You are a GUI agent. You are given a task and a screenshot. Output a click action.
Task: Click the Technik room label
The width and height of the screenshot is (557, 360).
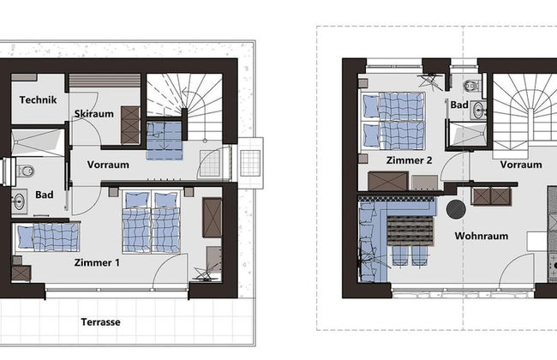click(38, 100)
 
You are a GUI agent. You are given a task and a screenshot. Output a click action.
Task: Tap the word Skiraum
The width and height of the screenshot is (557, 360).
click(93, 114)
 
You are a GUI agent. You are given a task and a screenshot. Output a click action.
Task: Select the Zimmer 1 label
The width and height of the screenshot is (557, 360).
click(97, 262)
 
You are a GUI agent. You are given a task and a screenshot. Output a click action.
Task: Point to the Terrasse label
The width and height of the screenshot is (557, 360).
click(100, 322)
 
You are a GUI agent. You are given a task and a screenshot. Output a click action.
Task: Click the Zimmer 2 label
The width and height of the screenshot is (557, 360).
click(410, 160)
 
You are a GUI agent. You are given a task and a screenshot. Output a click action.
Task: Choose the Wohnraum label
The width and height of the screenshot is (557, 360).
click(482, 236)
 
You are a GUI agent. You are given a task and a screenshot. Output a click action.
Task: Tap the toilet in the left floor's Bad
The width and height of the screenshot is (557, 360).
click(25, 171)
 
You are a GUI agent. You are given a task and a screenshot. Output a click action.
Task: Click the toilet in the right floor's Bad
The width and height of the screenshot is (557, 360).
click(471, 86)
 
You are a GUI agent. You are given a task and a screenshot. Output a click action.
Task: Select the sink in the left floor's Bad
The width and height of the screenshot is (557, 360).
click(19, 201)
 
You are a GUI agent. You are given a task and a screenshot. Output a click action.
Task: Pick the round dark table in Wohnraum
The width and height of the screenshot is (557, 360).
click(456, 209)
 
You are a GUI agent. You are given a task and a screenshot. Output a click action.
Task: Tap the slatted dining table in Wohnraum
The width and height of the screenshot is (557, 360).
click(410, 231)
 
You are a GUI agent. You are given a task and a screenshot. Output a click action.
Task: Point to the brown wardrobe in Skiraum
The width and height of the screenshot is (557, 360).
click(129, 125)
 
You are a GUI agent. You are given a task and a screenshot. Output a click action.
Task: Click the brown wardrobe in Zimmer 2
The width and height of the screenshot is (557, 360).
click(388, 181)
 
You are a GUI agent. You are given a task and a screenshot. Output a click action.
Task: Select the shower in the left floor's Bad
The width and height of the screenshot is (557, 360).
click(38, 143)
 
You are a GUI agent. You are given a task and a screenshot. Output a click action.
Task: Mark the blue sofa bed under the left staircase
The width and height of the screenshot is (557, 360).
click(165, 141)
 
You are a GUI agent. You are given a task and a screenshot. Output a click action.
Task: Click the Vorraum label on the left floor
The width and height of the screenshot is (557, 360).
click(108, 165)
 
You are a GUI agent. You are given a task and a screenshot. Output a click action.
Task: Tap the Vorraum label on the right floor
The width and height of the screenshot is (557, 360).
click(521, 165)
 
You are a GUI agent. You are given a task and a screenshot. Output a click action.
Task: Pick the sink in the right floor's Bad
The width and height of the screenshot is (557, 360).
click(478, 111)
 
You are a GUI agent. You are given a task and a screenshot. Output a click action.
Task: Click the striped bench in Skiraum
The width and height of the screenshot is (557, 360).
click(105, 81)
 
